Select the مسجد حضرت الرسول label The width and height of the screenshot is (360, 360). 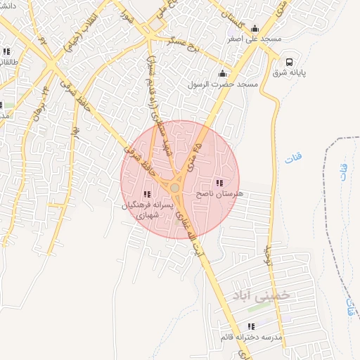click(223, 84)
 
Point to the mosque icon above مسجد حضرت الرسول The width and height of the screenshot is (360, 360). click(223, 73)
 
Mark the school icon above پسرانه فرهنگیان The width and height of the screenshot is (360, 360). click(146, 194)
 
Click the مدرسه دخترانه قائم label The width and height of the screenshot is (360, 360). click(251, 337)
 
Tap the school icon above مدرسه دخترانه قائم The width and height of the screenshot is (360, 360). click(251, 327)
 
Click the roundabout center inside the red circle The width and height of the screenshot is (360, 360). click(174, 188)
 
